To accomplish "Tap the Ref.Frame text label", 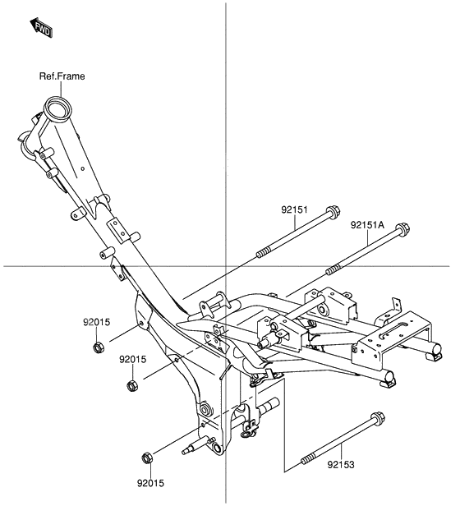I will pyautogui.click(x=62, y=76).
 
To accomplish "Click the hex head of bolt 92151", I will pyautogui.click(x=333, y=210).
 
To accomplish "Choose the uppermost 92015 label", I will pyautogui.click(x=95, y=322).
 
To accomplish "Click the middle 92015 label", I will pyautogui.click(x=132, y=359).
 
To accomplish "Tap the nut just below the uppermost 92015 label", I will pyautogui.click(x=97, y=347).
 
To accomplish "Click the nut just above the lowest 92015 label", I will pyautogui.click(x=148, y=458).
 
